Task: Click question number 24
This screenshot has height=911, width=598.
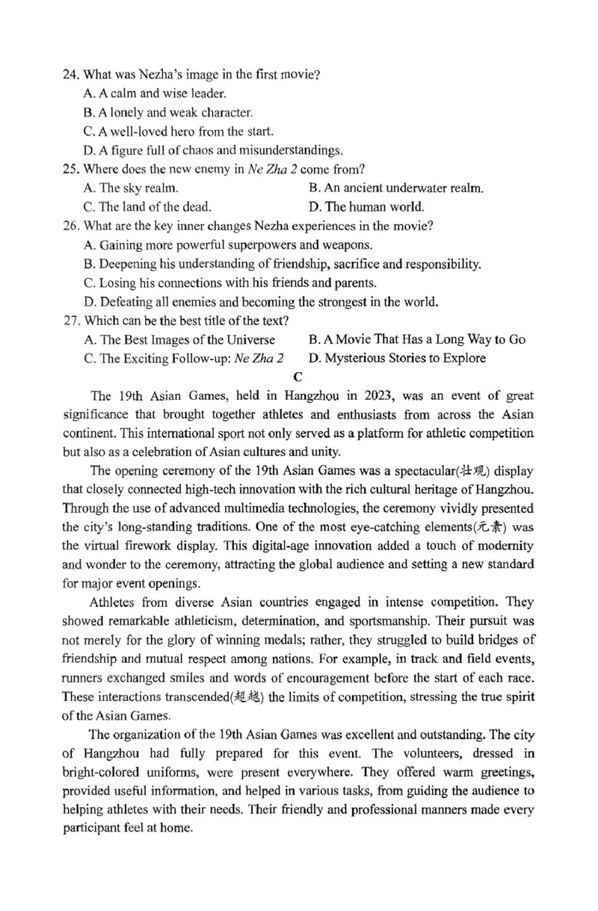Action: pyautogui.click(x=71, y=75)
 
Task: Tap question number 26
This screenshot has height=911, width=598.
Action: pyautogui.click(x=71, y=226)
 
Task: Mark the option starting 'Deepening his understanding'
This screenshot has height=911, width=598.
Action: pyautogui.click(x=283, y=264)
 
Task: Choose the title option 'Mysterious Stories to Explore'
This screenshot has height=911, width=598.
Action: pyautogui.click(x=396, y=358)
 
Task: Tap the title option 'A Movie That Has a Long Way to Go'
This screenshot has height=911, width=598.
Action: pyautogui.click(x=416, y=339)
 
